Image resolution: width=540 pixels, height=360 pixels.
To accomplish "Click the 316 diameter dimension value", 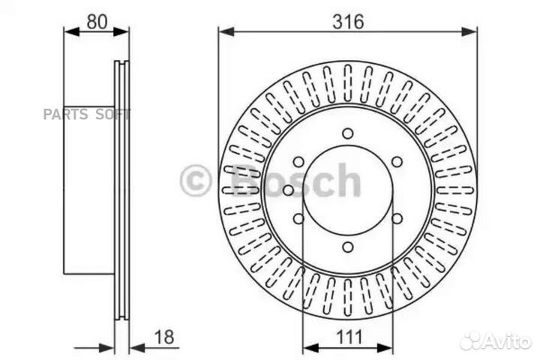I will pos(348,22).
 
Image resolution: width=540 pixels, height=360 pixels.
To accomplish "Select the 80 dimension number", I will pos(97,22).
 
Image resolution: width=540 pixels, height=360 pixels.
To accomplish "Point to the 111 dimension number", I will pos(347,337).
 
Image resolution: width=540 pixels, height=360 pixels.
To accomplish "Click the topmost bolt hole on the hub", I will pos(347,133).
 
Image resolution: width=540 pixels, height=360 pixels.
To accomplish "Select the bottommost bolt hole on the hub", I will pos(347,247).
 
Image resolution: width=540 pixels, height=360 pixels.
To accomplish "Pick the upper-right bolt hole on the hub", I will pos(397,162).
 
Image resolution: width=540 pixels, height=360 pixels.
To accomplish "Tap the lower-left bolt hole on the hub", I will pos(298,219).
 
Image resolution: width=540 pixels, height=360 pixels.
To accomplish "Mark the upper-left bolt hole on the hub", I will pos(298,162).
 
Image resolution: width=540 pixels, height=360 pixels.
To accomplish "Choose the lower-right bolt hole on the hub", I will pos(397,219).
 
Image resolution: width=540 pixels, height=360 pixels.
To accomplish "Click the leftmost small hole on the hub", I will pos(288,190).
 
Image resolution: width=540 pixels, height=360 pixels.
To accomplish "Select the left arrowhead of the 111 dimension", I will pos(307,347).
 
